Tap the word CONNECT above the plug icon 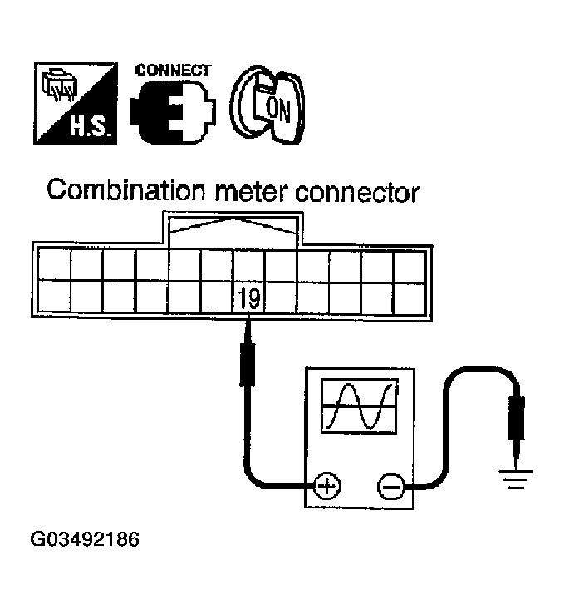(172, 71)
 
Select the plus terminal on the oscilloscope (326, 485)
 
